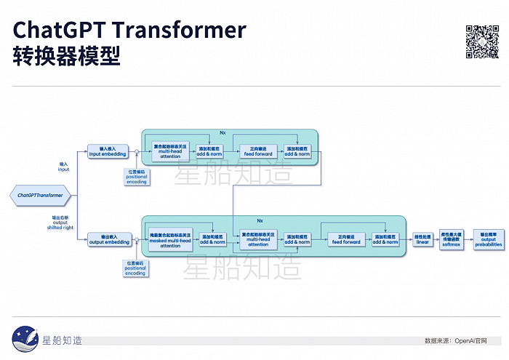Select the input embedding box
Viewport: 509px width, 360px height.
tap(108, 151)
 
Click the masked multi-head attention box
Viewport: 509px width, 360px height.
tap(170, 240)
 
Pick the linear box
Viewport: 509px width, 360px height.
tap(423, 239)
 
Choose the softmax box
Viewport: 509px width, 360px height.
tap(452, 239)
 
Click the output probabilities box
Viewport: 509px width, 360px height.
tap(487, 239)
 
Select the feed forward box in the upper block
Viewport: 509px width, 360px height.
tap(258, 151)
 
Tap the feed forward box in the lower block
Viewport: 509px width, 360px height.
tap(346, 239)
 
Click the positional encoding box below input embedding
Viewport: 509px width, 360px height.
tap(137, 177)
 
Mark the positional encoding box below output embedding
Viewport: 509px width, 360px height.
tap(136, 267)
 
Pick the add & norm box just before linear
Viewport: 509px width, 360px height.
tap(385, 239)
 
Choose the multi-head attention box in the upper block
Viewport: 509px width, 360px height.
tap(170, 151)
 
